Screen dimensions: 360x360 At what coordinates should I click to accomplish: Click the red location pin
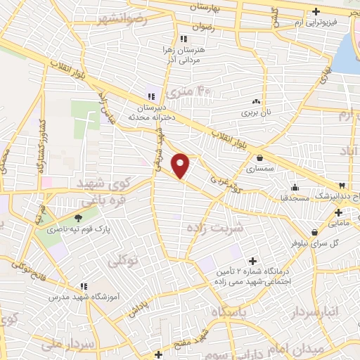pyautogui.click(x=181, y=165)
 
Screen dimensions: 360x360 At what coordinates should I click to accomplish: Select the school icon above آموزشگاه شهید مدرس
pyautogui.click(x=83, y=286)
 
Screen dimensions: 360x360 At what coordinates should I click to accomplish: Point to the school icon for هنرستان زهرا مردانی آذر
pyautogui.click(x=183, y=38)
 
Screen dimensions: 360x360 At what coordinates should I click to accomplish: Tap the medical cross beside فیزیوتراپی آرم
pyautogui.click(x=316, y=12)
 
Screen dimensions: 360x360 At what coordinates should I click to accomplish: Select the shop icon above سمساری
pyautogui.click(x=261, y=158)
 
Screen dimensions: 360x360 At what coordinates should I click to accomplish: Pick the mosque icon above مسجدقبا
pyautogui.click(x=295, y=187)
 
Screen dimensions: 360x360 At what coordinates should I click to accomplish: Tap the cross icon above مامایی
pyautogui.click(x=338, y=212)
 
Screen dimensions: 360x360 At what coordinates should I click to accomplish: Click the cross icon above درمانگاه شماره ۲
pyautogui.click(x=252, y=262)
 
